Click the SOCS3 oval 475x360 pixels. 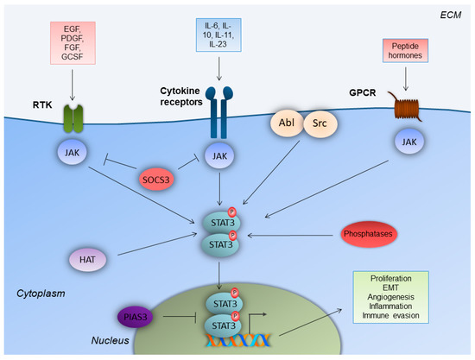[x=156, y=180]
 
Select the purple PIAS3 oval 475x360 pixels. [x=135, y=317]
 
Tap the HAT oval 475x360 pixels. [x=87, y=260]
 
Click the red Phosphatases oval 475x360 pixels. [x=368, y=234]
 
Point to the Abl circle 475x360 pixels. [x=287, y=123]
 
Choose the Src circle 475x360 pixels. [x=320, y=123]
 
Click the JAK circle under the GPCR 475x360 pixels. [x=409, y=142]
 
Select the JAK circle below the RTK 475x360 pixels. [x=72, y=153]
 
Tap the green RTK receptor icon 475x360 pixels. [x=73, y=118]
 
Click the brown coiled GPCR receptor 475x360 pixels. [x=407, y=108]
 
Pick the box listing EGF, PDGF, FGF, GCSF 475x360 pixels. [x=73, y=42]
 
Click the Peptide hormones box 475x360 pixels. [x=405, y=51]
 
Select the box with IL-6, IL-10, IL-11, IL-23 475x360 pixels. [x=218, y=35]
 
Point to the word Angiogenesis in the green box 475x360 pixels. [x=390, y=297]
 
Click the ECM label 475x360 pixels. [x=451, y=15]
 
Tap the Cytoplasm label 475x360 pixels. [x=41, y=294]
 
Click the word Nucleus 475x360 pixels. [x=111, y=340]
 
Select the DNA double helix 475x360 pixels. [x=237, y=340]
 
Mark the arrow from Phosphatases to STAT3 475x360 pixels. [x=290, y=236]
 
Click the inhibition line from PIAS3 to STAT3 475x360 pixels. [x=180, y=318]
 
